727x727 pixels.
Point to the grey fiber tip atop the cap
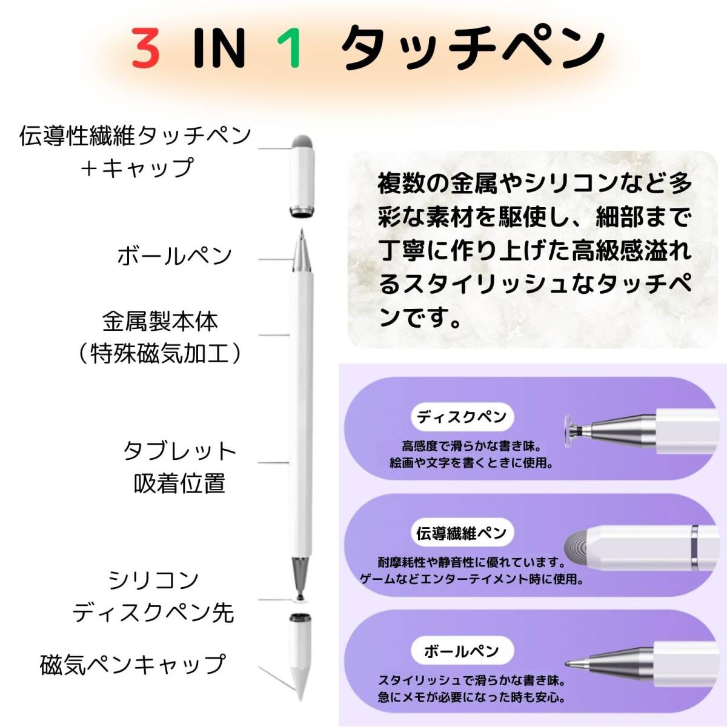(302, 142)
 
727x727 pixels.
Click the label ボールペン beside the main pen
(175, 256)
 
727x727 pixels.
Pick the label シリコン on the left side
(154, 580)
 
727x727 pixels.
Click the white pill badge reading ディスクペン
(462, 417)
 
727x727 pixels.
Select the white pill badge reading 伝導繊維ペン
(462, 533)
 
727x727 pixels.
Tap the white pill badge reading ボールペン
(462, 651)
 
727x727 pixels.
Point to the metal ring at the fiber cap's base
(302, 212)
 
